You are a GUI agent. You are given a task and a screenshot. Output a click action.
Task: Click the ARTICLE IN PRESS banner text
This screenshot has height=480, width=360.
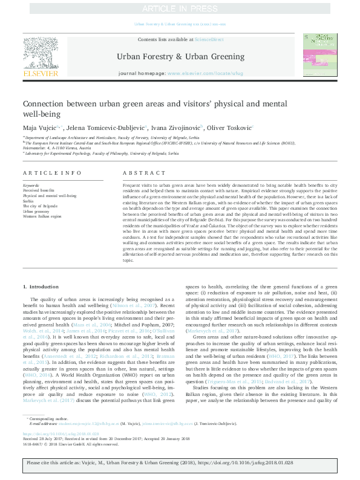point(180,8)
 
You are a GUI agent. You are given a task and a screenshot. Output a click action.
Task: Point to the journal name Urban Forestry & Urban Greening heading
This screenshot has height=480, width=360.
point(180,56)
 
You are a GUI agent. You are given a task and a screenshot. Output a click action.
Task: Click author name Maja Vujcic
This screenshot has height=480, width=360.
point(39,128)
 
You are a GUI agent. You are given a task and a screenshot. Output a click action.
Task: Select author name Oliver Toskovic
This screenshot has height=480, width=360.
point(216,128)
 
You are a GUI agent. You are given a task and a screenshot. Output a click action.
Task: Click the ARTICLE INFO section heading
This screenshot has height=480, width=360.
point(52,173)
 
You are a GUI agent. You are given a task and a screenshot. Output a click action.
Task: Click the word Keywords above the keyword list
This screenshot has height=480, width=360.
point(31,185)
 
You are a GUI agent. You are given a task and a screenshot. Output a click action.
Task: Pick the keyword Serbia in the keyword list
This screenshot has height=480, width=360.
point(29,201)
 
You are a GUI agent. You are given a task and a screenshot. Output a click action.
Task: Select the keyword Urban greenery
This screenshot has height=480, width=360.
point(36,212)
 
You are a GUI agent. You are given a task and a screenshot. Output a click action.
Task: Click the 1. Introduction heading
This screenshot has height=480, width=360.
point(41,286)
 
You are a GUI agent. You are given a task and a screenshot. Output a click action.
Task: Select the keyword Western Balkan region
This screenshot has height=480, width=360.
point(42,216)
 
